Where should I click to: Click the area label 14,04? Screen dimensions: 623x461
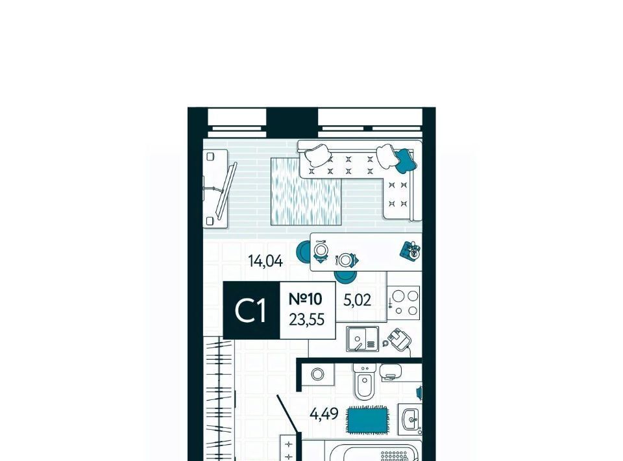coord(265,261)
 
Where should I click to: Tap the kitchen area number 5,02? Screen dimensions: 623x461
coord(357,300)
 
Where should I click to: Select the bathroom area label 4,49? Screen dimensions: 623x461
coord(324,414)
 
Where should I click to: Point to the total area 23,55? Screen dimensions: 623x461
coord(306,319)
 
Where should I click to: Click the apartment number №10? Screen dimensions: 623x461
coord(305,299)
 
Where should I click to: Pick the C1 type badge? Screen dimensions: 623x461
coord(251,310)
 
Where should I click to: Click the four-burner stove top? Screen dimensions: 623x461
coord(403,303)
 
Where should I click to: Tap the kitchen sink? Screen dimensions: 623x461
coord(362,339)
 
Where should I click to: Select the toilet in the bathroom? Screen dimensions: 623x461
coord(364,381)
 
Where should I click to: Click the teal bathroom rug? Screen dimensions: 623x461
coord(367,419)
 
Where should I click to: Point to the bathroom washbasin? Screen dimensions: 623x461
coord(410,419)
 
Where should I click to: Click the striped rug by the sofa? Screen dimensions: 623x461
coord(306,191)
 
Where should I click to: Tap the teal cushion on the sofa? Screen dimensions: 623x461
coord(406,160)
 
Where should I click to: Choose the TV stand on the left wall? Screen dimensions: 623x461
coord(215,189)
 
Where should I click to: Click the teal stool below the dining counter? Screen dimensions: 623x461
coord(345,276)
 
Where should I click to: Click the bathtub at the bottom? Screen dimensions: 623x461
coord(374,452)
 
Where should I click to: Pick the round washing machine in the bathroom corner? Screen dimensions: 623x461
coord(317,375)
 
